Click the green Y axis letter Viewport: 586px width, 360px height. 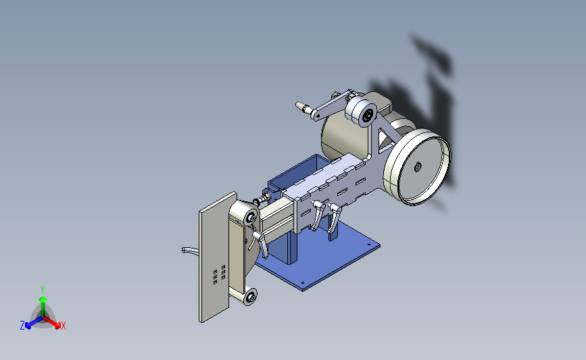(x=43, y=290)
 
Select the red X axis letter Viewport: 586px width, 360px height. (x=63, y=326)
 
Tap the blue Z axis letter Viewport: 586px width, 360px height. (x=22, y=326)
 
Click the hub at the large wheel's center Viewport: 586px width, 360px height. (x=418, y=168)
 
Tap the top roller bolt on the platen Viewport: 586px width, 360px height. (x=251, y=217)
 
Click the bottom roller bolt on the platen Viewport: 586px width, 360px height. (x=251, y=297)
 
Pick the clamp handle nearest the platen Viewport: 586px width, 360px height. (x=260, y=243)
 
